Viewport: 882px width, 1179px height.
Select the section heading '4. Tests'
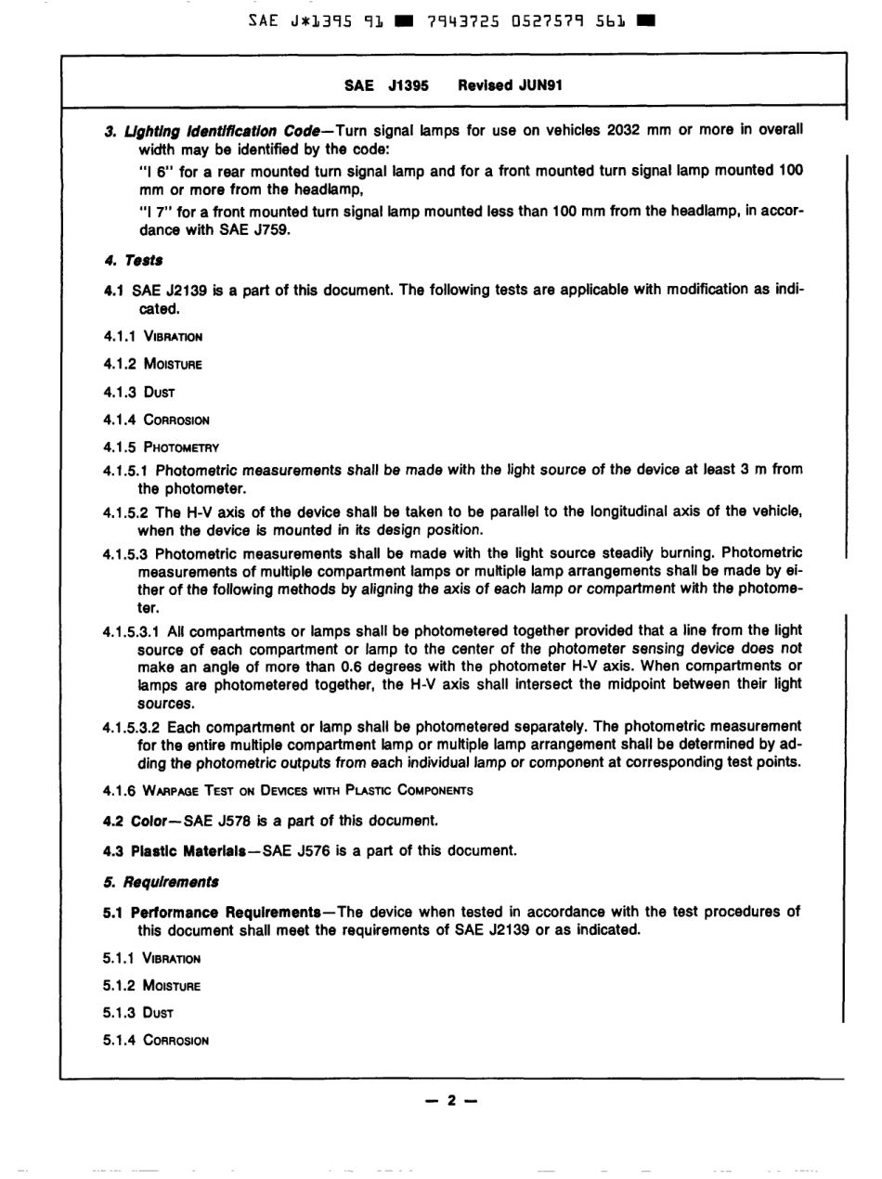tap(134, 262)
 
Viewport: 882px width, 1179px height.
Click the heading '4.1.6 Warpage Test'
tap(288, 790)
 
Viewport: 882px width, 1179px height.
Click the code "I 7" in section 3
tap(154, 212)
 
